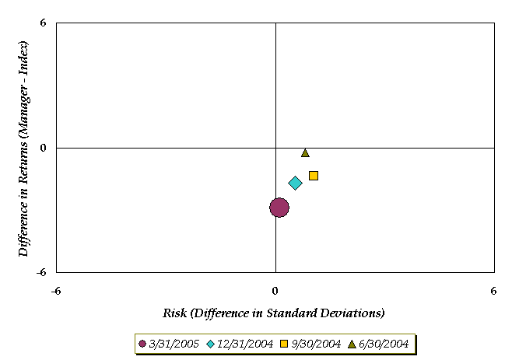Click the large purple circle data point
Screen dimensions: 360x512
click(x=279, y=207)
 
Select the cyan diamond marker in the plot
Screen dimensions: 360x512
click(x=295, y=183)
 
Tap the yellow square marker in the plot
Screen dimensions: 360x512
click(x=314, y=176)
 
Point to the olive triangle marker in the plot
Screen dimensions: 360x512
click(x=305, y=153)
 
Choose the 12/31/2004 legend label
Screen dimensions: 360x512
click(x=247, y=344)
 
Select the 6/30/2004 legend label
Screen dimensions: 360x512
click(x=384, y=344)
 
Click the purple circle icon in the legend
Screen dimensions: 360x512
click(x=142, y=344)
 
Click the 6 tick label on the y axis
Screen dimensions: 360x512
click(x=44, y=23)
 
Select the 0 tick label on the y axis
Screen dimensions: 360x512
click(x=44, y=148)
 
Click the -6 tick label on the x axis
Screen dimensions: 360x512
click(x=56, y=292)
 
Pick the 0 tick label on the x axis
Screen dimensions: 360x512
click(x=275, y=292)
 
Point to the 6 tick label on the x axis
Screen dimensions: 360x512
click(x=493, y=292)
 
